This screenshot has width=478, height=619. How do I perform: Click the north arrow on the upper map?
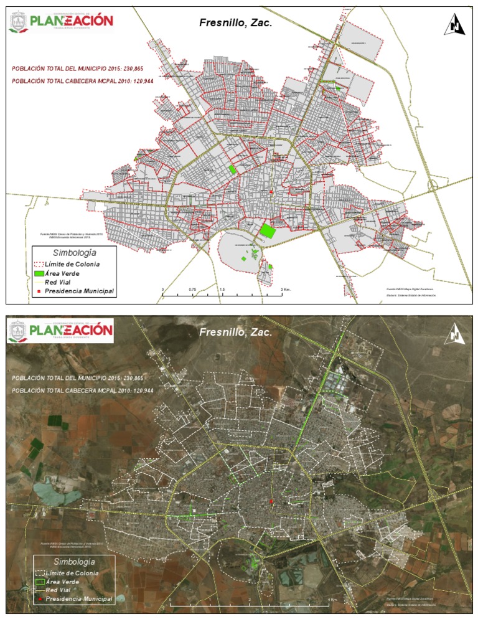(x=455, y=25)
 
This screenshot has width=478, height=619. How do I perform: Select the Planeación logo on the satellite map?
(x=61, y=331)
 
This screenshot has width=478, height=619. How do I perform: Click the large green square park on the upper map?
(x=268, y=230)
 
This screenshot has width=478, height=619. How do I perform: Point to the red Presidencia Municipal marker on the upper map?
(x=271, y=192)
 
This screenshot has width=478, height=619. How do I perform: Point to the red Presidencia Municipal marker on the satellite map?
(x=271, y=502)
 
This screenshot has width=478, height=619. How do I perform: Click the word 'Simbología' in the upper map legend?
(x=74, y=253)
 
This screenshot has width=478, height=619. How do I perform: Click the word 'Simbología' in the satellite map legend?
(x=74, y=562)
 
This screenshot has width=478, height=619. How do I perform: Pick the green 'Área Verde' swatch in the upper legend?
(x=39, y=273)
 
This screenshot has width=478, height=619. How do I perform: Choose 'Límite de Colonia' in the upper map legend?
(x=76, y=264)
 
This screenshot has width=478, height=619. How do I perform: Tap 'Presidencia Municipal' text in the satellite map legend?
(x=79, y=599)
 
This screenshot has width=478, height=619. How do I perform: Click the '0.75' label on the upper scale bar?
(x=192, y=290)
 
